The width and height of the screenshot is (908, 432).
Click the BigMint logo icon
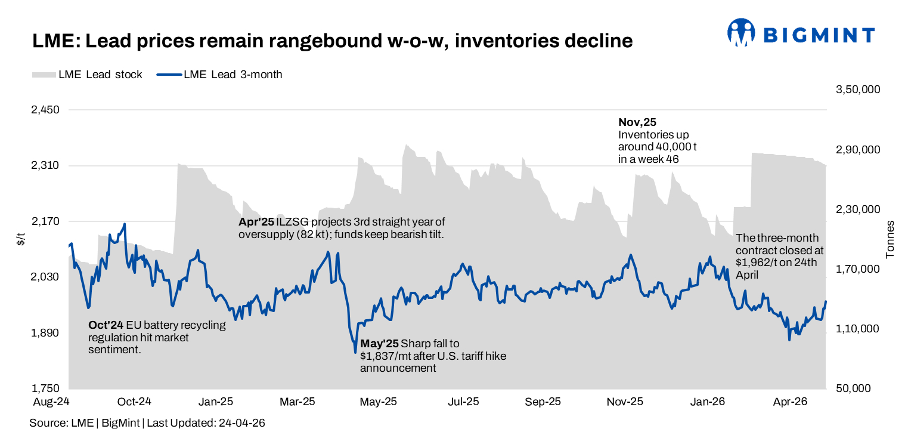click(x=741, y=32)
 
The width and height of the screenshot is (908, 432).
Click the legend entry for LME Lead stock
click(x=88, y=75)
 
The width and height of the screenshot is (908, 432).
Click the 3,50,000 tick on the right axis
click(x=858, y=90)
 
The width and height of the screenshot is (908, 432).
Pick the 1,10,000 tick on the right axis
click(x=858, y=329)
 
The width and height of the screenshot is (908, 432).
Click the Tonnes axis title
click(x=891, y=239)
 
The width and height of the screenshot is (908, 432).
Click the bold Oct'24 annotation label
click(x=106, y=325)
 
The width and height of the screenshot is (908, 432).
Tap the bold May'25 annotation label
click(x=379, y=344)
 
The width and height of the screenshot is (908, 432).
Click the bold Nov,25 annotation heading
click(x=637, y=122)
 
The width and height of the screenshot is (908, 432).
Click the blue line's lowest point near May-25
click(x=355, y=351)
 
